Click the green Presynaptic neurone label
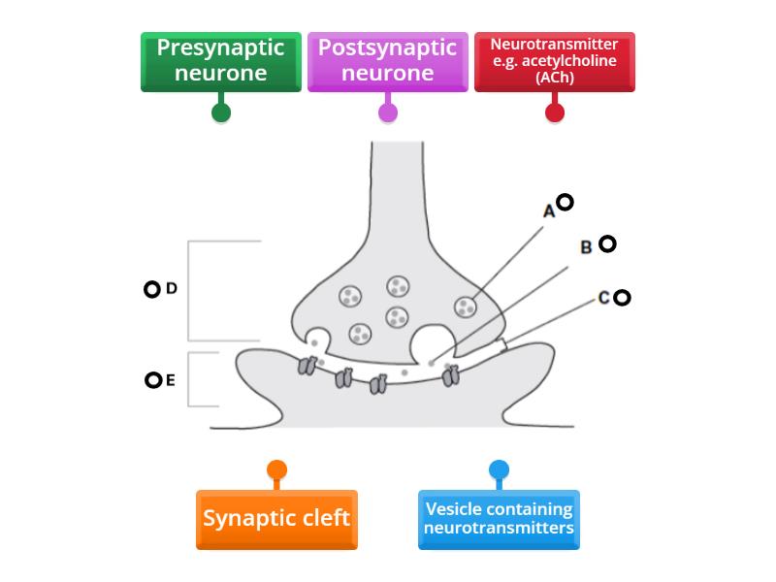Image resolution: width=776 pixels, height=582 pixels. [x=221, y=61]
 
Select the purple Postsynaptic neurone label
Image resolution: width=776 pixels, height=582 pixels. [x=388, y=61]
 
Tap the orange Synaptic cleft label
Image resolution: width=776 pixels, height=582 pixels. [x=276, y=518]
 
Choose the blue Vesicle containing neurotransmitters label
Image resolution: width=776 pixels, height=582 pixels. [x=499, y=519]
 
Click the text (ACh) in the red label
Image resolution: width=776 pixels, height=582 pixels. [x=554, y=78]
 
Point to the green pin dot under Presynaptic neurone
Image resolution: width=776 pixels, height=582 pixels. [x=221, y=112]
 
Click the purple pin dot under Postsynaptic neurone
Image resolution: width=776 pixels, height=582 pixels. [x=388, y=112]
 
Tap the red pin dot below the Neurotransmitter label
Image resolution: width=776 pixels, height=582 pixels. [x=555, y=112]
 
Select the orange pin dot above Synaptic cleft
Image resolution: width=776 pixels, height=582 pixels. [x=276, y=471]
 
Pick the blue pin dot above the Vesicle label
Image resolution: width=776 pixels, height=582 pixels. [x=499, y=471]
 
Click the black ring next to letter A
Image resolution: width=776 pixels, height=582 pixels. [x=565, y=202]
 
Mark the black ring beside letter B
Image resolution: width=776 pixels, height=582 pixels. [x=607, y=243]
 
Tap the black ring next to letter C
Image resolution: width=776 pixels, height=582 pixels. [x=622, y=298]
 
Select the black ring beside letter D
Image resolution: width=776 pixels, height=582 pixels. [x=151, y=289]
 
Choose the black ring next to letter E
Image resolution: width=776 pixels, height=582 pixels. [x=152, y=380]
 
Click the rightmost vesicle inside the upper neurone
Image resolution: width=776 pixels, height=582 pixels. [x=466, y=307]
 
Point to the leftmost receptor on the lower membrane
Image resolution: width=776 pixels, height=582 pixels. [x=307, y=367]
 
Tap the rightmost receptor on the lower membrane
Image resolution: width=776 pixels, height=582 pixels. [x=450, y=374]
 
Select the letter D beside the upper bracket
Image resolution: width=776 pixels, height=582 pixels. [x=172, y=288]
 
